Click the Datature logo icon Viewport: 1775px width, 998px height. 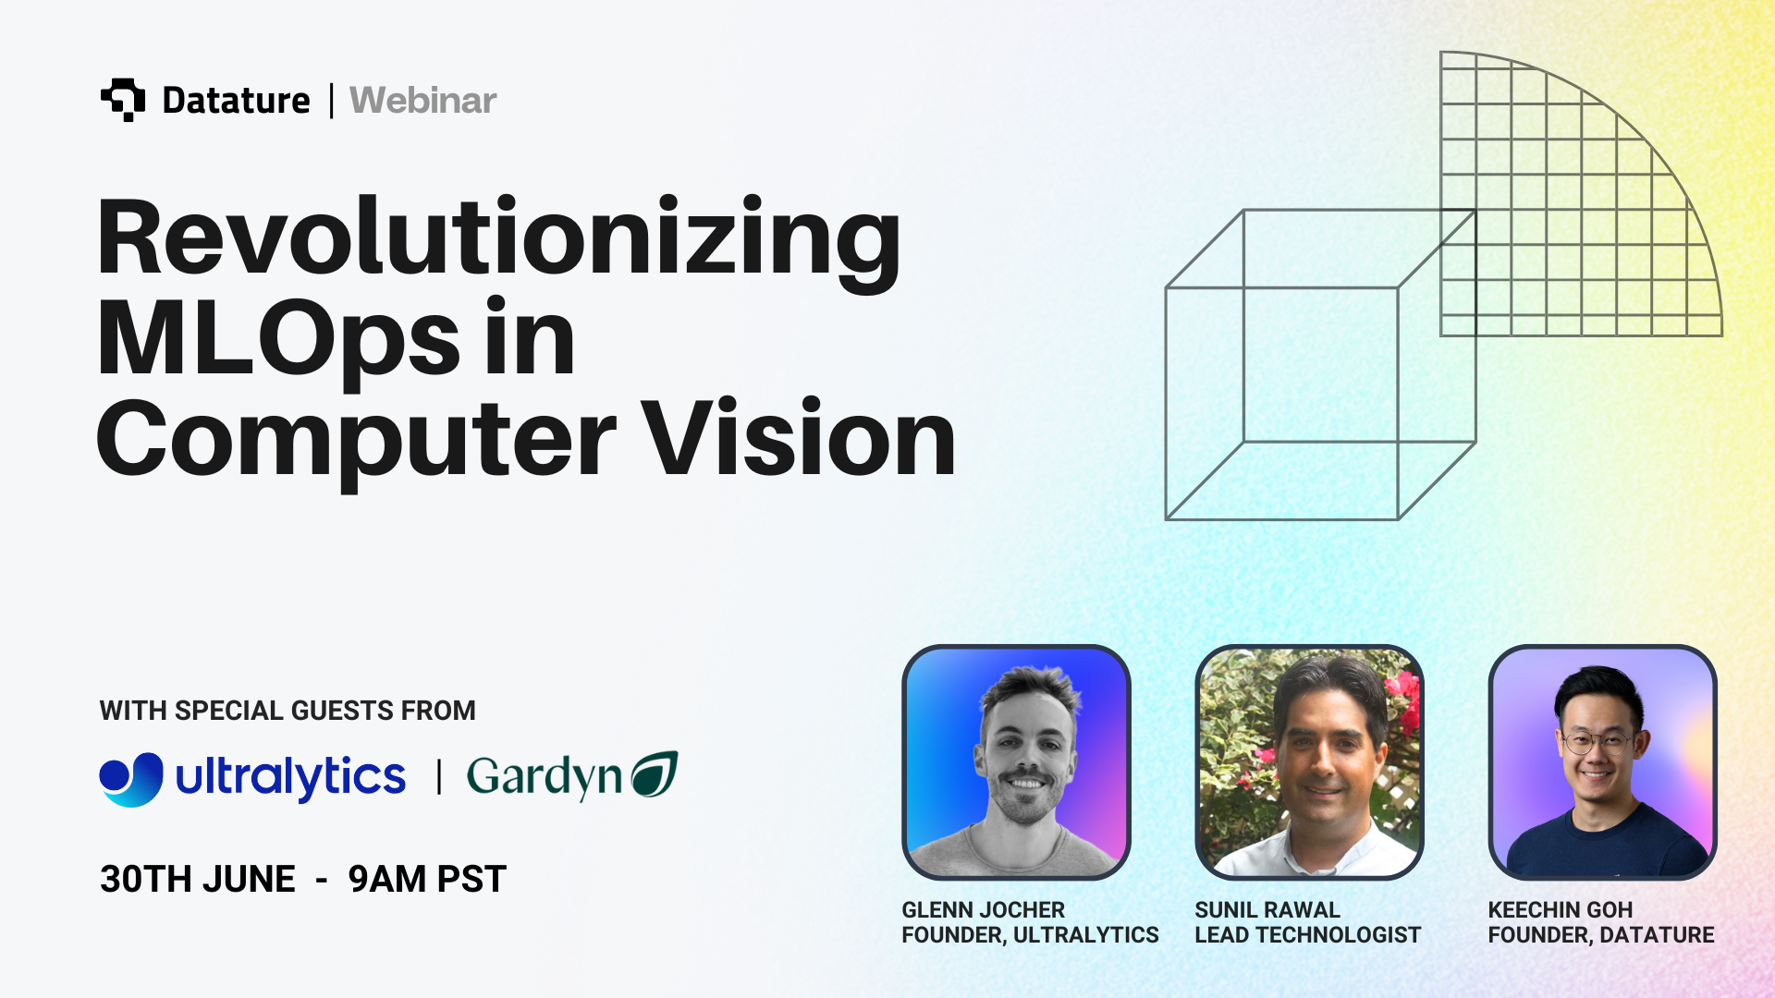[123, 100]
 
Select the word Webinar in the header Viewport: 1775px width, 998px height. [423, 100]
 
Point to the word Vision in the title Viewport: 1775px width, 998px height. [799, 438]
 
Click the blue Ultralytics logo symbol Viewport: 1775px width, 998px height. [131, 779]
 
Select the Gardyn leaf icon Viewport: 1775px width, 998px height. [655, 774]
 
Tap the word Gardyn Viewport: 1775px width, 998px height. [545, 777]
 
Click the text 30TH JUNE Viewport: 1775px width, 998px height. [198, 879]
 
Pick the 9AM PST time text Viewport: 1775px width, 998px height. [427, 879]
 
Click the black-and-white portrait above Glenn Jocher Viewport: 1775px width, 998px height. [1016, 762]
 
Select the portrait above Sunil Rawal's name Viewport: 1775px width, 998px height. [1309, 762]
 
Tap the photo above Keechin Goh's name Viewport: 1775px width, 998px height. [1602, 762]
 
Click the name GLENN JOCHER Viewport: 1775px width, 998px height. [984, 910]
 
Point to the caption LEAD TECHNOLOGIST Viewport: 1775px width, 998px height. [1308, 935]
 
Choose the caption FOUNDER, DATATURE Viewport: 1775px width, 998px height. [1601, 935]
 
